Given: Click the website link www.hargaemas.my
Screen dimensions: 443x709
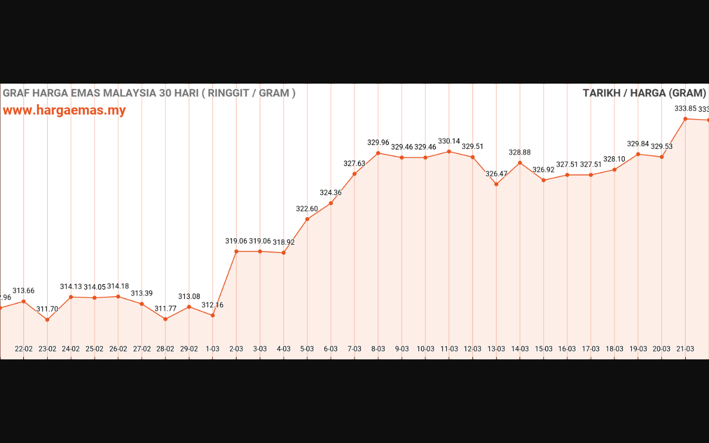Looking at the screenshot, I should click(x=64, y=110).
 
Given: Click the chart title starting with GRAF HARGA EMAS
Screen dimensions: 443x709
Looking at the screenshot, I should click(x=149, y=93).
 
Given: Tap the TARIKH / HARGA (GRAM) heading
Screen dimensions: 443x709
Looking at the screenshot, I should click(x=644, y=93).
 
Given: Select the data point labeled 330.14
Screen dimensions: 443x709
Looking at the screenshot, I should click(x=449, y=151).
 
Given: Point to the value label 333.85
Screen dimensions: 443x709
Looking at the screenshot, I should click(x=685, y=109).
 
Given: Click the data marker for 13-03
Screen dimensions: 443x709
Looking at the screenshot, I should click(x=496, y=184).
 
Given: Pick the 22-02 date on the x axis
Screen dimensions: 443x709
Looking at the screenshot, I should click(x=24, y=349).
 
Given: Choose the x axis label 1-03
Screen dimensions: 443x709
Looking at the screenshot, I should click(x=213, y=349).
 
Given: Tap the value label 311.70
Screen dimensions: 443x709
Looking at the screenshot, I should click(x=47, y=309).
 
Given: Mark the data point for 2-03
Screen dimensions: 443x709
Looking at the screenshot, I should click(x=237, y=251).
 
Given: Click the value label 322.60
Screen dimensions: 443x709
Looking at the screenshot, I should click(x=307, y=209).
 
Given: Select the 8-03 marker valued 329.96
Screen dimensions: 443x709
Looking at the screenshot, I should click(x=378, y=153).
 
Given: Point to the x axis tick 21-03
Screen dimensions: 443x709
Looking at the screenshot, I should click(x=685, y=349).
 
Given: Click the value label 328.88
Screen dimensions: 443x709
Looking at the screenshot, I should click(x=520, y=152).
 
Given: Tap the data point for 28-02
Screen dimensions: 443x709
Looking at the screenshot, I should click(x=166, y=319).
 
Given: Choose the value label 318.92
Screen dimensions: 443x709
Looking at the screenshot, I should click(x=284, y=242).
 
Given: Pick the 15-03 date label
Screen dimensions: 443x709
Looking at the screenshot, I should click(x=543, y=349).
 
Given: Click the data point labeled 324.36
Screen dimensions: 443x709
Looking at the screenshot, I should click(x=331, y=203).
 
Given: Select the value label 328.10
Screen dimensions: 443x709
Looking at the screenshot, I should click(x=614, y=159).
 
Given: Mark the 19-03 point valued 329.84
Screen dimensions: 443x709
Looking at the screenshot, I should click(x=638, y=154).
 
